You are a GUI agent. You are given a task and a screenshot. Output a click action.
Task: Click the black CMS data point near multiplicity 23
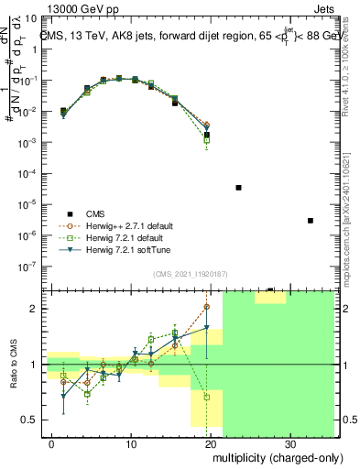click(x=238, y=187)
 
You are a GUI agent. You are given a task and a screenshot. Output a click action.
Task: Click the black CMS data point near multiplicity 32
click(x=311, y=221)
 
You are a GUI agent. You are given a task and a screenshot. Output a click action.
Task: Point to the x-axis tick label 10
click(x=132, y=443)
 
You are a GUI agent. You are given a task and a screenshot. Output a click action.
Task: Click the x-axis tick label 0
click(x=52, y=443)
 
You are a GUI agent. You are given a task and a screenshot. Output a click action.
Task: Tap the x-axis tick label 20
click(x=213, y=443)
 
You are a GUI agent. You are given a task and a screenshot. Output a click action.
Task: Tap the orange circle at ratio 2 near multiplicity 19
click(x=207, y=307)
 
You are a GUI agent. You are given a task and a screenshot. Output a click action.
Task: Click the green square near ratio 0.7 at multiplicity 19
click(x=207, y=398)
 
